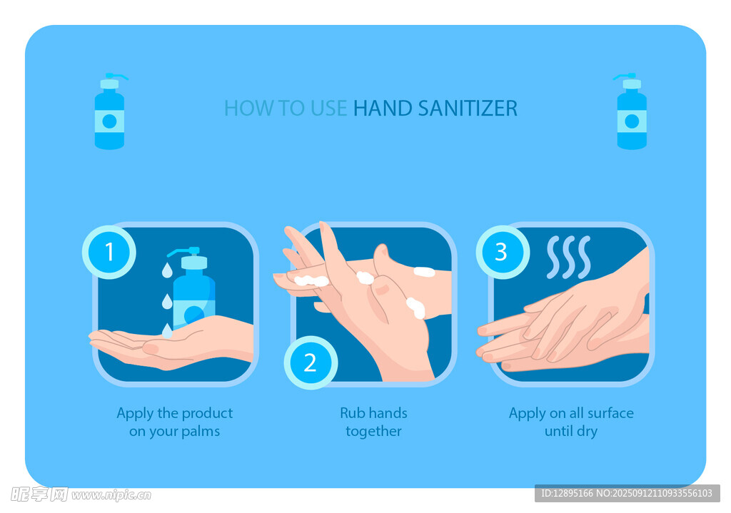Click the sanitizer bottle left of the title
[109, 112]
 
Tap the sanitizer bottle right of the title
[632, 112]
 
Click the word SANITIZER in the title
[468, 108]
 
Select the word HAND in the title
[383, 108]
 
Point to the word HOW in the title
[249, 108]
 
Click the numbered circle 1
[109, 252]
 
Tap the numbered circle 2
[311, 362]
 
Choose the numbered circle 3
[502, 252]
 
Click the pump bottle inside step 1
[192, 288]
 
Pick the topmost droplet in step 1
[167, 270]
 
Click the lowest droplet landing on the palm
[167, 331]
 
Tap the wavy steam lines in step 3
[569, 257]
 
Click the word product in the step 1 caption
[207, 414]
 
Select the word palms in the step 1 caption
[201, 432]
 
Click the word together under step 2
[373, 432]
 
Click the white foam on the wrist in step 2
[424, 272]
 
